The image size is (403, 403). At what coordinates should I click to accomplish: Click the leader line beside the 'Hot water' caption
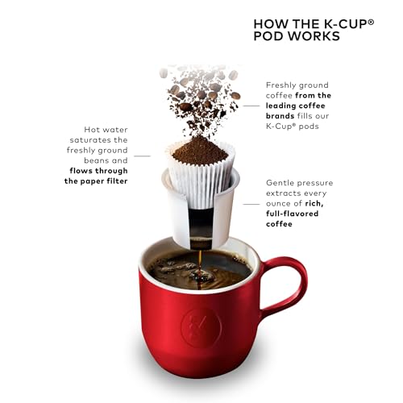(x=143, y=155)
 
